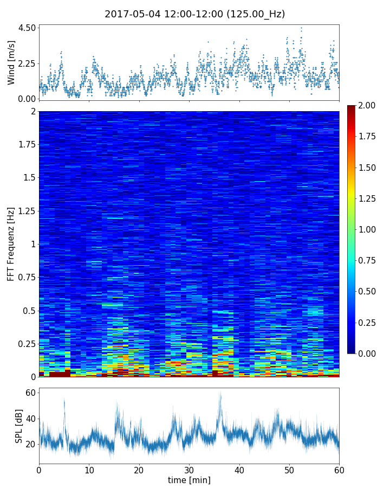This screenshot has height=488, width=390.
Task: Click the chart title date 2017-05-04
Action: pos(132,14)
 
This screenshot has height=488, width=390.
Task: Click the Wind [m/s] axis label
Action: pos(11,62)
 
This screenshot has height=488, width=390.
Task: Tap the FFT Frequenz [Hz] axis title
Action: pos(11,244)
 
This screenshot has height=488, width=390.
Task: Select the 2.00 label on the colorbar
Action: pos(366,106)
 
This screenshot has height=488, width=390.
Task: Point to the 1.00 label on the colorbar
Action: pos(366,229)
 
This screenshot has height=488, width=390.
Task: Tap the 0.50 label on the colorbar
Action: pos(366,291)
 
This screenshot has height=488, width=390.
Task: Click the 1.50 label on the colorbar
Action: pos(366,168)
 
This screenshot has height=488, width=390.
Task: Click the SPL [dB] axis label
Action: pos(19,426)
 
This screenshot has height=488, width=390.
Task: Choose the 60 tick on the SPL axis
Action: pos(31,393)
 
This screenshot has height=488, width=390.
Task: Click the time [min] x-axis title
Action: pos(189,480)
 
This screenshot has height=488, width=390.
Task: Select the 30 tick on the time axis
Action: pos(189,469)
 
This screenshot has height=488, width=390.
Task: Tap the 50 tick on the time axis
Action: pos(289,469)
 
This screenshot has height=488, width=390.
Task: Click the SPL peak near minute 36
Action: pos(220,394)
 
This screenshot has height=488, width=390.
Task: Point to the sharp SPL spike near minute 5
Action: pos(64,400)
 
